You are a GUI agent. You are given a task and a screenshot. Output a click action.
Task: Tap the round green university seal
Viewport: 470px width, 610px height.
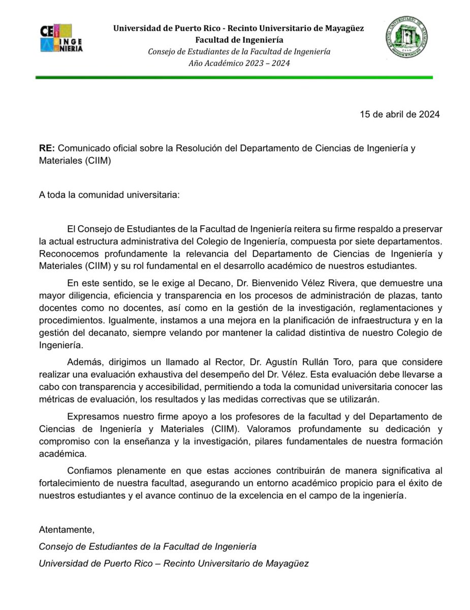tap(404, 37)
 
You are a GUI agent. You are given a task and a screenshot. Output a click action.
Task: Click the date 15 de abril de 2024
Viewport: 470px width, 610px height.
tap(399, 114)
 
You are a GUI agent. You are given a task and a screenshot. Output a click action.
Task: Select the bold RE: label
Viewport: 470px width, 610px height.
tap(47, 148)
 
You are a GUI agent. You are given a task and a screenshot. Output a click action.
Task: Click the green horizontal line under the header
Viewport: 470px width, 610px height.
tap(234, 78)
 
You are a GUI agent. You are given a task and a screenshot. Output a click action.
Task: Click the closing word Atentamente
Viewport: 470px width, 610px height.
tap(67, 530)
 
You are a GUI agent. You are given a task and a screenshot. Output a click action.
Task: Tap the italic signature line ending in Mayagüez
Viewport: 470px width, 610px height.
tap(174, 564)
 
